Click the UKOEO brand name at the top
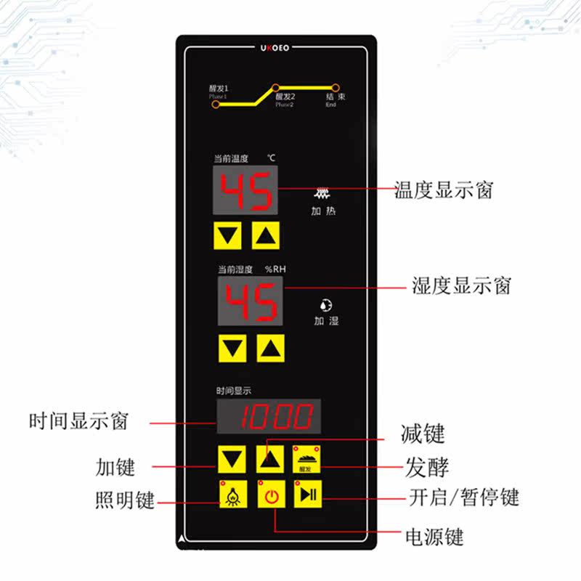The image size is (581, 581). tap(276, 49)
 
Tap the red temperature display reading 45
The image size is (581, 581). tap(246, 190)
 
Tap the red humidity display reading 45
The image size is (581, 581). tap(251, 302)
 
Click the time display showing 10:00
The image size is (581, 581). tap(268, 417)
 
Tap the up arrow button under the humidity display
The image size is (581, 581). tap(271, 349)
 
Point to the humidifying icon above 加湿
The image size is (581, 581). tap(326, 306)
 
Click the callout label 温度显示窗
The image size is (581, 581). tap(443, 191)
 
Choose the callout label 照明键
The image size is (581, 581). tap(125, 500)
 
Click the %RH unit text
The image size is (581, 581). tap(275, 269)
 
